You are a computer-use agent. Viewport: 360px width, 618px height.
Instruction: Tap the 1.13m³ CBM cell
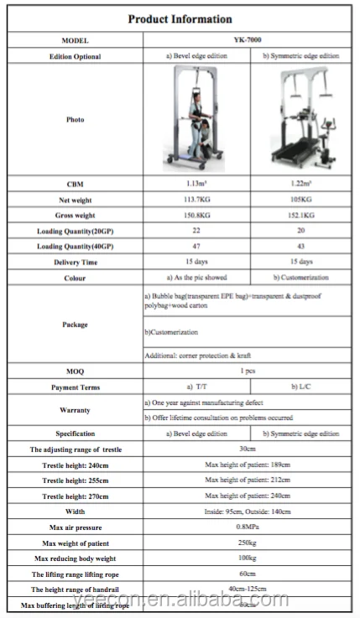[198, 183]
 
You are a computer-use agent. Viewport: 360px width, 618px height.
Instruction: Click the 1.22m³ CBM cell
[300, 183]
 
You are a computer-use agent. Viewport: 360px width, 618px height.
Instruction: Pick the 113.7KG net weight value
[198, 200]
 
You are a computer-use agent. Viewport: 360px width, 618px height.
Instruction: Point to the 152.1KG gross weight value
[300, 216]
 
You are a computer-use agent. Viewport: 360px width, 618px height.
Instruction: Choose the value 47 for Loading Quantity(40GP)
[198, 247]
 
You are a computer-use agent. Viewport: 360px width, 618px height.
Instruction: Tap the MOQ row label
[75, 371]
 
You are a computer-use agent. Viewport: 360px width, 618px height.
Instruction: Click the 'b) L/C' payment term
[300, 387]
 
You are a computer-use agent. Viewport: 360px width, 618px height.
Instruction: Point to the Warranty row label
[75, 410]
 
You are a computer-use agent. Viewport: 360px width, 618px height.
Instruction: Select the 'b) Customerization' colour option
[300, 278]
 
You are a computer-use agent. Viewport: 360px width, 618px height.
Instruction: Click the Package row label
[75, 325]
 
